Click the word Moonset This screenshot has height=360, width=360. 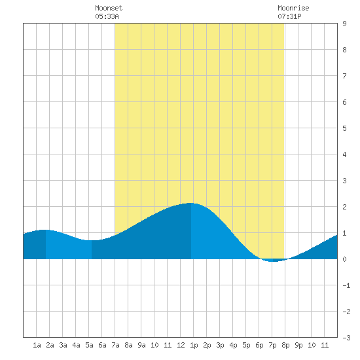tap(109, 8)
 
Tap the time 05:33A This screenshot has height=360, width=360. tap(107, 16)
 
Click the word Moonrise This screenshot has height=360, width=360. tap(293, 8)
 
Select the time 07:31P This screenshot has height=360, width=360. tap(289, 16)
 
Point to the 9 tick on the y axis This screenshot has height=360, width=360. tap(344, 24)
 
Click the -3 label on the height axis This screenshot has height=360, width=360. tap(346, 338)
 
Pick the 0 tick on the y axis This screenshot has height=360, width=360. tap(344, 259)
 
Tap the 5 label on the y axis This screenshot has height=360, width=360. tap(344, 128)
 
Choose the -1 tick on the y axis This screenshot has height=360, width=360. tap(346, 285)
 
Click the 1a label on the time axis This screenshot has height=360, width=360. tap(37, 345)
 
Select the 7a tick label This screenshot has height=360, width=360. tap(115, 345)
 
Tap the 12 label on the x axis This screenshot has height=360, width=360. tap(181, 345)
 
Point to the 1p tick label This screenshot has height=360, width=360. tap(194, 345)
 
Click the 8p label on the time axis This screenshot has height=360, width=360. tap(285, 345)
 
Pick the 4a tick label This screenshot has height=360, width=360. tap(76, 345)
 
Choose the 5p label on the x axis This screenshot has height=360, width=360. tap(246, 345)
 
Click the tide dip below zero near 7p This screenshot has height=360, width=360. tap(272, 261)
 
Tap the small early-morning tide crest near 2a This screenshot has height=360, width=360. tap(45, 230)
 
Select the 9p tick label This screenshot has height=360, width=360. tap(298, 345)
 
